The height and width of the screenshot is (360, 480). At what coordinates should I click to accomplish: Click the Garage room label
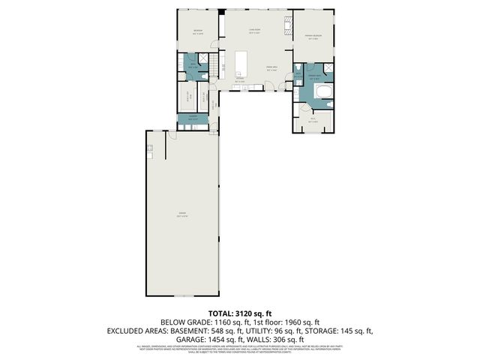point(182,215)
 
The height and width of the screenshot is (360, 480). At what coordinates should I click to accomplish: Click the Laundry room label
point(193,116)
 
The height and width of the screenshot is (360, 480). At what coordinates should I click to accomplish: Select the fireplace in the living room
point(286,29)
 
